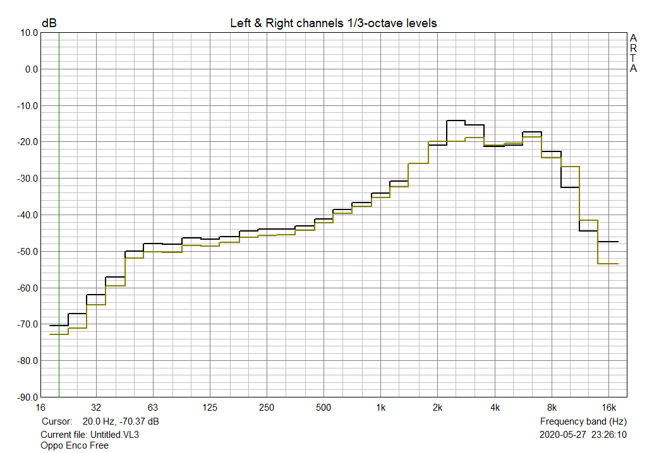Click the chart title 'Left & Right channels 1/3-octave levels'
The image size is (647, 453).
pyautogui.click(x=333, y=23)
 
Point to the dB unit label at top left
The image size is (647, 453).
pyautogui.click(x=49, y=23)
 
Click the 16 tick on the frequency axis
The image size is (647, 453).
pyautogui.click(x=41, y=408)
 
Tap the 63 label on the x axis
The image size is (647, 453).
pyautogui.click(x=152, y=408)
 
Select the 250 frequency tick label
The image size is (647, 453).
pyautogui.click(x=266, y=408)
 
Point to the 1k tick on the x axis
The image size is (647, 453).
pyautogui.click(x=380, y=408)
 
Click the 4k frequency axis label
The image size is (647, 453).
pyautogui.click(x=495, y=408)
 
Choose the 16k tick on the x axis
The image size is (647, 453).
pyautogui.click(x=608, y=408)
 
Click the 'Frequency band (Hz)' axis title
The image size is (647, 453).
pyautogui.click(x=583, y=421)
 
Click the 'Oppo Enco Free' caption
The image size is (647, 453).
pyautogui.click(x=74, y=445)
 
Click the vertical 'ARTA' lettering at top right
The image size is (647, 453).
pyautogui.click(x=633, y=53)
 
